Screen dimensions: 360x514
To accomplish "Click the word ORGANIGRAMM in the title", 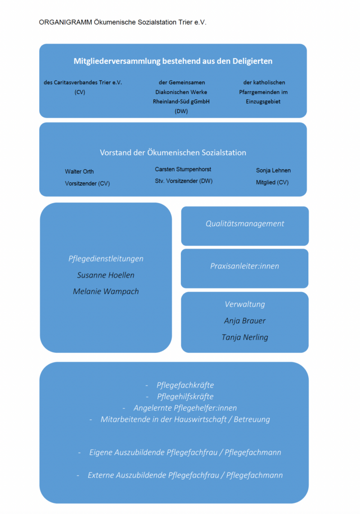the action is point(65,22).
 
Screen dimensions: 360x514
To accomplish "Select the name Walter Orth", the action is point(79,172).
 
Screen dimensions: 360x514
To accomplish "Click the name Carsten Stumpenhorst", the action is point(183,170).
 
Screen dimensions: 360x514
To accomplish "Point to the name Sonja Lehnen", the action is point(273,171).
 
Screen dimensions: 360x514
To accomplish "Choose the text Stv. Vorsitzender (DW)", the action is point(184,181).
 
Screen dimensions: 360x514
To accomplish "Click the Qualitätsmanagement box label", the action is point(245,224).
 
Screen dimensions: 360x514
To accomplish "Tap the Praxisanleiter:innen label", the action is point(245,266).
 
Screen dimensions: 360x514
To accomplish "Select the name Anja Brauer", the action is point(245,321).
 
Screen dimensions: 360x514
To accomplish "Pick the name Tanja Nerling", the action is point(245,337).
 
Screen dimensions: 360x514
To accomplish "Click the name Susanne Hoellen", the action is point(105,276).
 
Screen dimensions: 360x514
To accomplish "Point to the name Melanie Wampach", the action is point(105,292).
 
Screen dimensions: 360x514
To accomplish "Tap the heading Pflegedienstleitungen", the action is point(105,259).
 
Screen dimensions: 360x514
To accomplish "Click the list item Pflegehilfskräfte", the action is point(185,397).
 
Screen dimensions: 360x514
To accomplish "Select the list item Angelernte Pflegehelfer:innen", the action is point(185,408).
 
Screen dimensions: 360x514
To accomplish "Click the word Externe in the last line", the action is point(100,475).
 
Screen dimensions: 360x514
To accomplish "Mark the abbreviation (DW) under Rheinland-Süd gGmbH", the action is point(181,111).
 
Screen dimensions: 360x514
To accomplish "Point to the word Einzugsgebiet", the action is point(263,102).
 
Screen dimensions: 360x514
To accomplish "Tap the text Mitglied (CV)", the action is point(272,183).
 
